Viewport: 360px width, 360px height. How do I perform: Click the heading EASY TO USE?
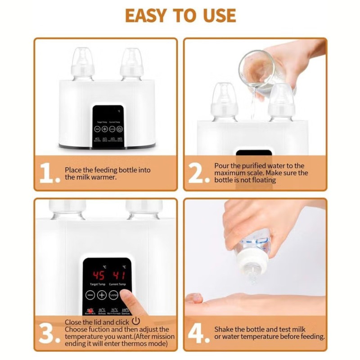coord(180,15)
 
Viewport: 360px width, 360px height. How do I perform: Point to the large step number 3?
coord(48,333)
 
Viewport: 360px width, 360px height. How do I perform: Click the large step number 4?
coord(198,333)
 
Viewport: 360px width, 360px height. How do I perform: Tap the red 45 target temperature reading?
coord(99,275)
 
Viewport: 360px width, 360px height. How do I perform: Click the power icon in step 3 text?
coord(136,322)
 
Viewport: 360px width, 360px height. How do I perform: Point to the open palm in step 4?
coord(252,304)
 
